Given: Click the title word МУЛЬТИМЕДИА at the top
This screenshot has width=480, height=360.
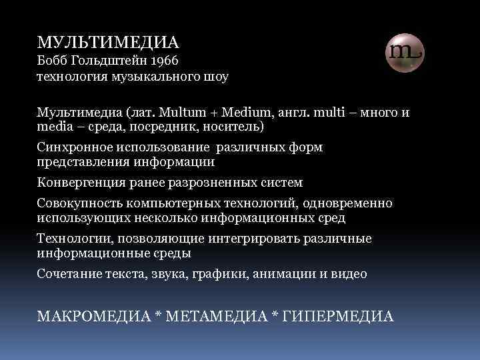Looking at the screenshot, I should coord(108,43).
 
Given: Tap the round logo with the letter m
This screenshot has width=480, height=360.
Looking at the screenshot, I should coord(405,51).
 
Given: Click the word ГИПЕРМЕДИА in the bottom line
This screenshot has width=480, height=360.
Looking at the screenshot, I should coord(339,315).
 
